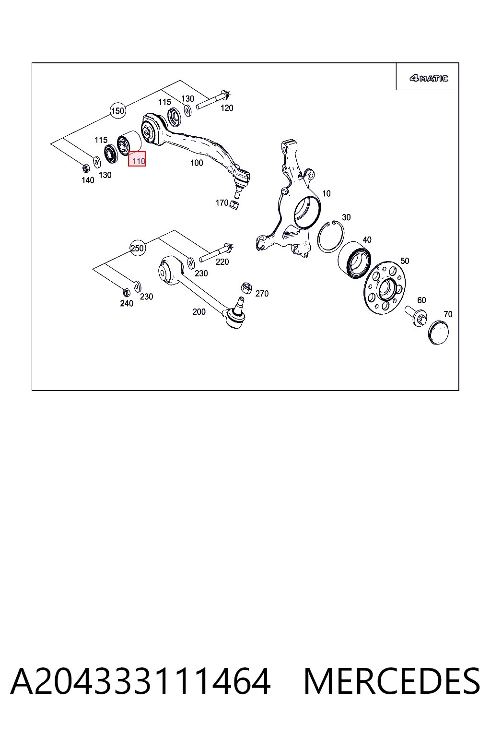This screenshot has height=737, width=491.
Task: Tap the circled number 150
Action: [118, 111]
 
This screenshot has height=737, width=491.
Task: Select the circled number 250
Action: [137, 248]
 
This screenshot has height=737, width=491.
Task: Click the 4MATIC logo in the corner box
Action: [429, 78]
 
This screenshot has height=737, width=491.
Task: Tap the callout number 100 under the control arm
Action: [197, 163]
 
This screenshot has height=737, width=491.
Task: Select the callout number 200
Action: [199, 311]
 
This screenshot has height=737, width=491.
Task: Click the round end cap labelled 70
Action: [439, 333]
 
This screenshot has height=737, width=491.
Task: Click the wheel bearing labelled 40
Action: [354, 260]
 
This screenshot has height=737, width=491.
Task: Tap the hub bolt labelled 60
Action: [416, 316]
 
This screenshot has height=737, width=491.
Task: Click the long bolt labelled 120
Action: [212, 100]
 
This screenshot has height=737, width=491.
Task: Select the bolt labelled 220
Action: [216, 252]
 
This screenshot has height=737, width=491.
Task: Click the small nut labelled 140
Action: [86, 168]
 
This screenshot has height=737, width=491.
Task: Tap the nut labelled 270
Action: [246, 287]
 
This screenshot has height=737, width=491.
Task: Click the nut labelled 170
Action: [234, 205]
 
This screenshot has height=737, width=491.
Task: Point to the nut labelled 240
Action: [126, 292]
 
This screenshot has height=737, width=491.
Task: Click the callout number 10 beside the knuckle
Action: [326, 193]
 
